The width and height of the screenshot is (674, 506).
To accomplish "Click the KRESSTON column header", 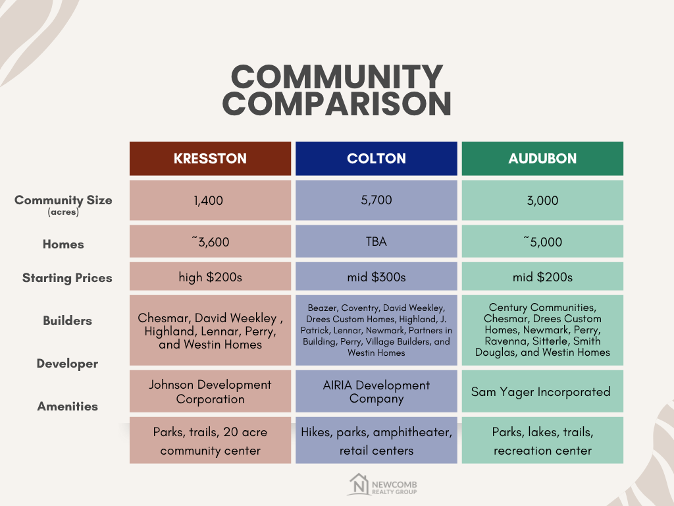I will coord(210,159).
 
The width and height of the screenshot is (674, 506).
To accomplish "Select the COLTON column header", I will coord(376,159).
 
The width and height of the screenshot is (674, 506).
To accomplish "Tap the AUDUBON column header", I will coord(542,159).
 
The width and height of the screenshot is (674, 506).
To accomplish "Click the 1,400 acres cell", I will coord(210,200).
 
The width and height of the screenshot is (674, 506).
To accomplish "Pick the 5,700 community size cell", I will coord(376,200).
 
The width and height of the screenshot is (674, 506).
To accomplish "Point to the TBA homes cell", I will coord(376,242).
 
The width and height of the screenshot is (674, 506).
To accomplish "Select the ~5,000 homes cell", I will coord(542,242).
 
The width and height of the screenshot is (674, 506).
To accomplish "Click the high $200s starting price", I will coord(210,277).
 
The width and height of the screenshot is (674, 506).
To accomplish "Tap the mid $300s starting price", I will coord(376,277).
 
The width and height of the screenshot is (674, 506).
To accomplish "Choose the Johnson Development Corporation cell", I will coord(210,392).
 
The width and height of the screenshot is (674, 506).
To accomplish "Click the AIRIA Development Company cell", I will coord(376,392).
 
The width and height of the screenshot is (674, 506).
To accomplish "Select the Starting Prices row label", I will coord(67,278).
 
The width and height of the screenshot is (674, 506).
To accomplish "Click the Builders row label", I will coord(67,321).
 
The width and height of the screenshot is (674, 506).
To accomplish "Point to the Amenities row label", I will coord(67,407).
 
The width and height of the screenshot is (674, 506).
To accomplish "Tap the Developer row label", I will coord(67,364).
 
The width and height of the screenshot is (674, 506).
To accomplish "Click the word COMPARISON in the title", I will coord(340,104).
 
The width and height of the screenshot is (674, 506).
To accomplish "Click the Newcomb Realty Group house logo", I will coord(359,485).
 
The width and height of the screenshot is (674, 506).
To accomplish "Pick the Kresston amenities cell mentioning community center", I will coord(210,441).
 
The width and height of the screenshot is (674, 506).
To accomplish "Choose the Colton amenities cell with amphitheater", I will coord(376,441).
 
